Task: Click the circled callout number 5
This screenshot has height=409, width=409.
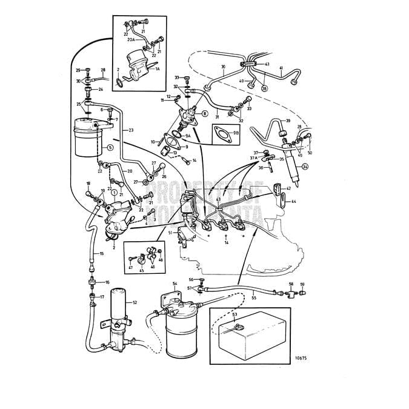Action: (x=110, y=147)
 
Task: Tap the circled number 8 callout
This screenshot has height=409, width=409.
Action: (x=204, y=113)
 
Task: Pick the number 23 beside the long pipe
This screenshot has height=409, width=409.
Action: (x=131, y=130)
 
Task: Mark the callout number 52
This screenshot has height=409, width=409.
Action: (x=135, y=302)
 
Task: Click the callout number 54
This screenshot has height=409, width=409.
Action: (x=175, y=284)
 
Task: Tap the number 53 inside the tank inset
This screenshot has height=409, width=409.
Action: (x=234, y=315)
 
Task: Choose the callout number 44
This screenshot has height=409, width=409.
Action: (x=293, y=201)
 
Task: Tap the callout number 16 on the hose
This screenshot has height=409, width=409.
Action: (x=107, y=282)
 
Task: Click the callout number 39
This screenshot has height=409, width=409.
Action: (x=288, y=121)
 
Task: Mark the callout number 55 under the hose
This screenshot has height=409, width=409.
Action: (x=254, y=299)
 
